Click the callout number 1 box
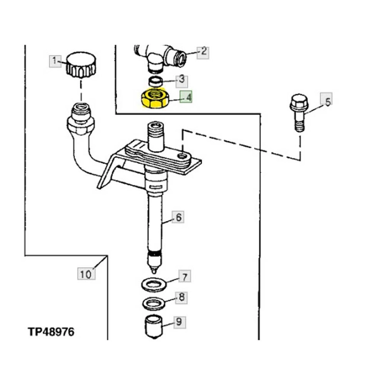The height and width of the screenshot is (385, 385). tap(55, 62)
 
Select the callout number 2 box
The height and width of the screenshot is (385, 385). tap(203, 53)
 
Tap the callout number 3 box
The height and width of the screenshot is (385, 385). tap(182, 81)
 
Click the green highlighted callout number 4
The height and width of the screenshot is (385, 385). tap(186, 97)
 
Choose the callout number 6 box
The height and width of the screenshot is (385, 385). tap(178, 217)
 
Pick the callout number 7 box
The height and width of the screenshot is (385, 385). tap(185, 276)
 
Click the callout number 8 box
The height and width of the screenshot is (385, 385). tap(181, 298)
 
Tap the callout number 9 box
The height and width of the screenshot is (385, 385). tap(179, 322)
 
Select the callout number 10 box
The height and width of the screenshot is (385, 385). tap(86, 274)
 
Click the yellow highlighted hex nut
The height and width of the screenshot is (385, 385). tap(155, 98)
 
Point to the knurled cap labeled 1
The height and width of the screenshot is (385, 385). tap(81, 65)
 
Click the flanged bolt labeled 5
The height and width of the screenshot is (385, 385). tap(299, 112)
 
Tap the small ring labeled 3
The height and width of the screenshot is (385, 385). tap(156, 81)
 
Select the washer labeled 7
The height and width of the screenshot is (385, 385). tap(154, 284)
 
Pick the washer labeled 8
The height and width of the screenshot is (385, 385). tap(154, 304)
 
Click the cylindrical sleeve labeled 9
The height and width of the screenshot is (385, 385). tap(154, 327)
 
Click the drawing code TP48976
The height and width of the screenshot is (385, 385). tap(51, 332)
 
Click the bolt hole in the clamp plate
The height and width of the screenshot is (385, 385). tap(182, 156)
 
